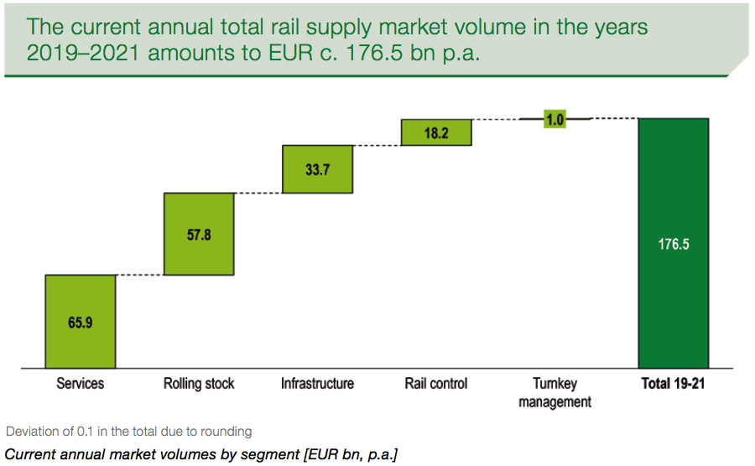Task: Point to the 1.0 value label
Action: (555, 120)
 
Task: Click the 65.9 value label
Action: (81, 322)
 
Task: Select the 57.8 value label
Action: (199, 235)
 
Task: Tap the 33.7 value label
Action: (317, 169)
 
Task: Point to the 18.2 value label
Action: (436, 132)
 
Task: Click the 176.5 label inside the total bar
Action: (674, 246)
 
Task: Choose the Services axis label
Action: (81, 384)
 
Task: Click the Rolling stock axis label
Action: (199, 384)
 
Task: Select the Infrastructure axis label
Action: (317, 384)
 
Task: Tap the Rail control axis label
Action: (436, 384)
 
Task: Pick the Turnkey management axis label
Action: (555, 392)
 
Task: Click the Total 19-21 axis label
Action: (674, 384)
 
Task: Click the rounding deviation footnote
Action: (129, 432)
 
